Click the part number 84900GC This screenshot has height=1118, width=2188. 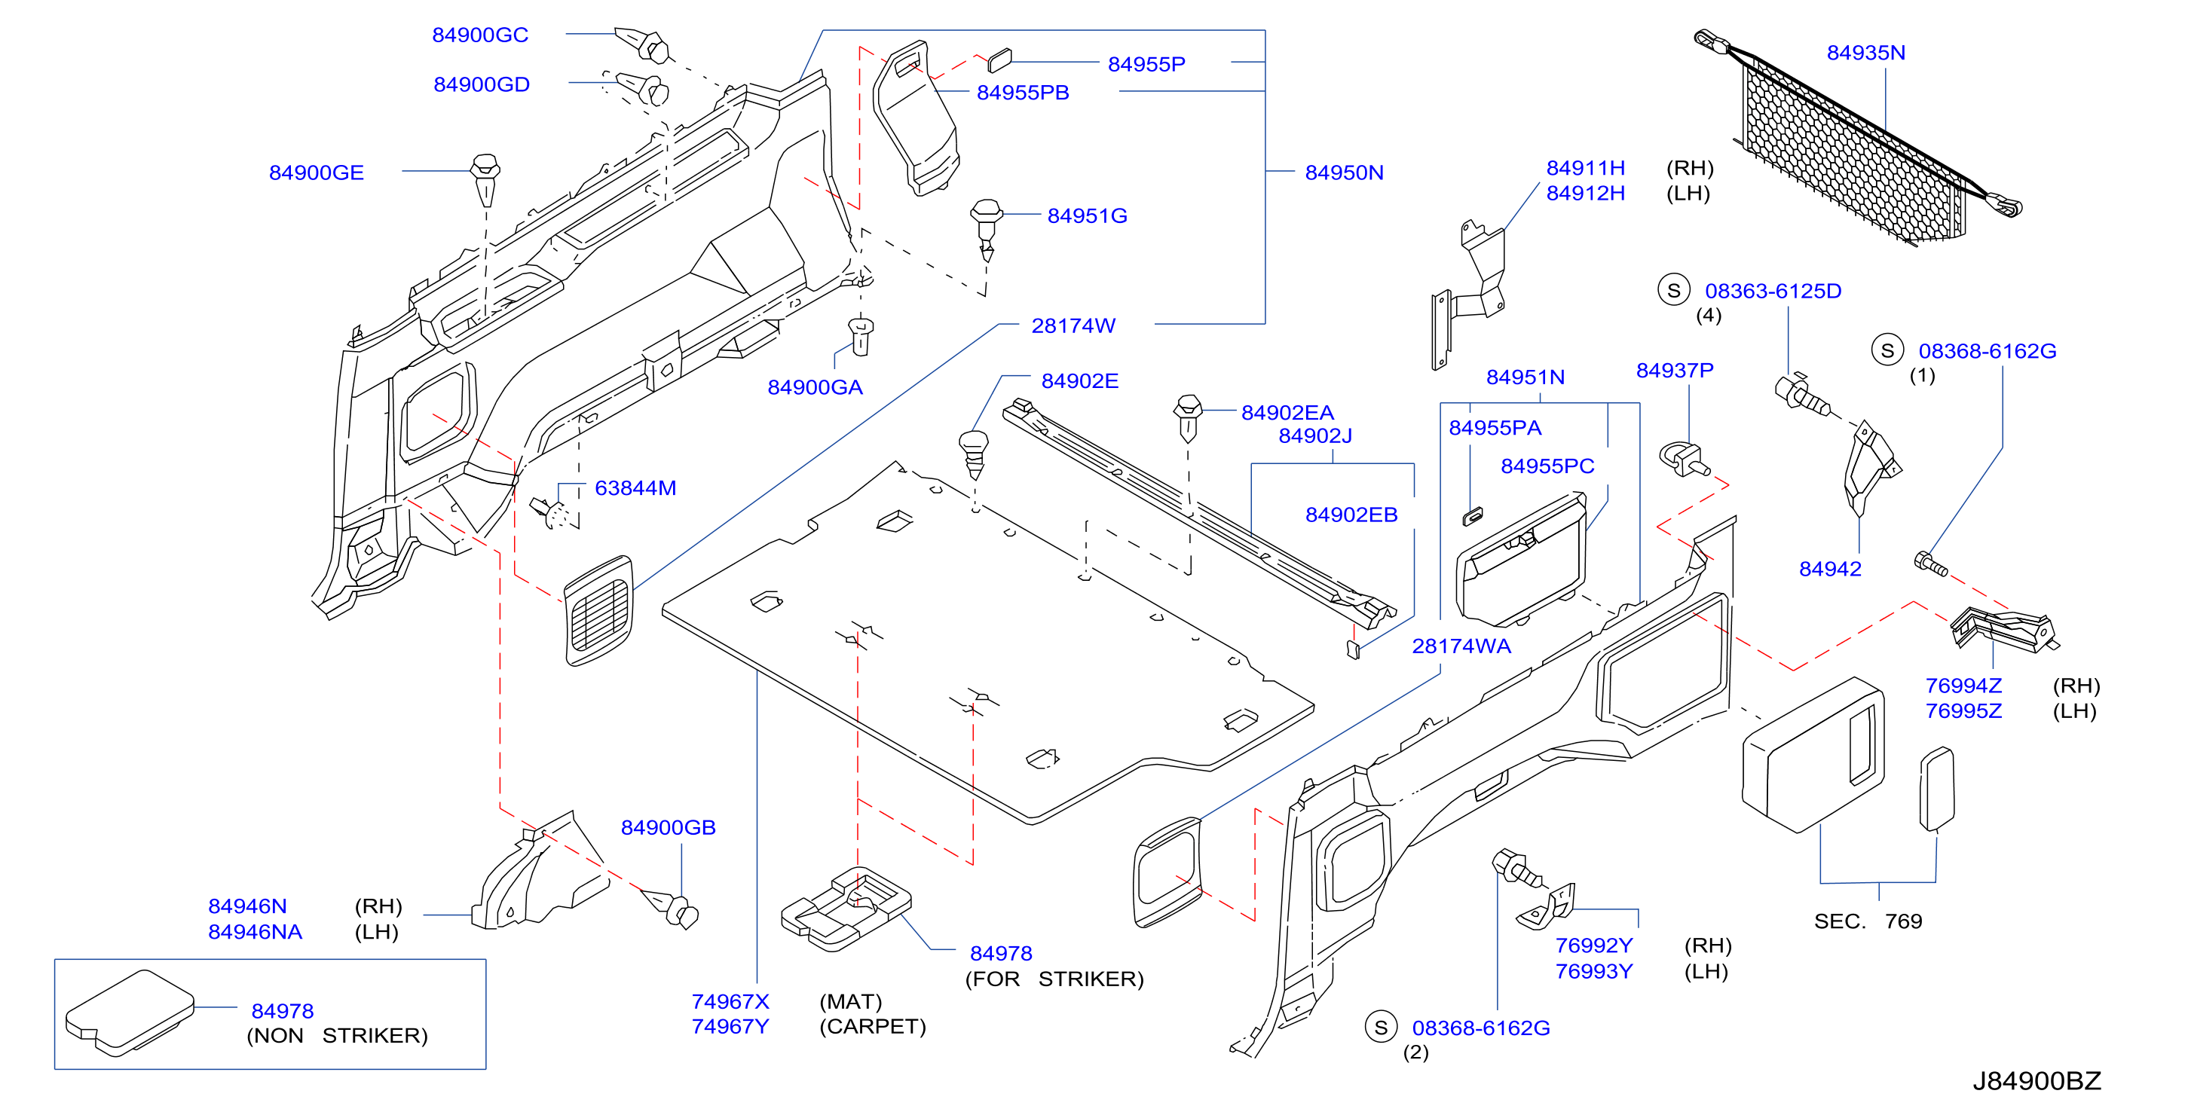(x=480, y=35)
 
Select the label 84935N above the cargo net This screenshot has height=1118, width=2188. (x=1865, y=53)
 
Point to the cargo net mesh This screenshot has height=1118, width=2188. (x=1852, y=153)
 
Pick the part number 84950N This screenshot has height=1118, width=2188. (x=1344, y=173)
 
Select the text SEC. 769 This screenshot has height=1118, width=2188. (x=1868, y=921)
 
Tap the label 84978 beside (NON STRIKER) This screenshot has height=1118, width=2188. (x=282, y=1011)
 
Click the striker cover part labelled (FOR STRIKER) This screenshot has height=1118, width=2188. (x=845, y=909)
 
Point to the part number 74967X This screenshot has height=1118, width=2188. (x=730, y=1002)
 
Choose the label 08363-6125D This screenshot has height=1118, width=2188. (x=1773, y=291)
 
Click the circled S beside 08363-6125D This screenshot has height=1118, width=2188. (x=1673, y=290)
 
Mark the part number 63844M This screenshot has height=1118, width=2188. (x=635, y=488)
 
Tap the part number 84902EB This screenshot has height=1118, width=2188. (x=1351, y=515)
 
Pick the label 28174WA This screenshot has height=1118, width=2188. (x=1461, y=646)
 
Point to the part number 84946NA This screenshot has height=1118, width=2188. (x=255, y=932)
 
